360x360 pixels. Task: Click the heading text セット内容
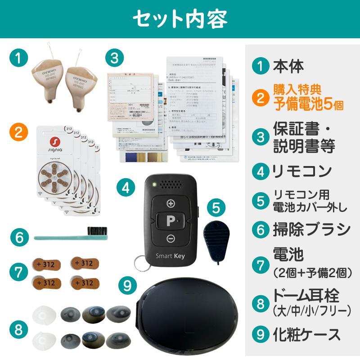point(180,19)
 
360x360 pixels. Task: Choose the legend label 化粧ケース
point(307,334)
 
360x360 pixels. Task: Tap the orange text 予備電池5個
point(309,104)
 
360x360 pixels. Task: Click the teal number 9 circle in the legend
point(261,334)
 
